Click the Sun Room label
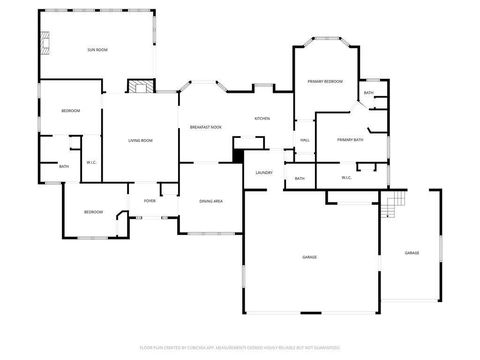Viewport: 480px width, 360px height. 96,49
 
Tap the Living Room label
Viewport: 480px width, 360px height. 140,141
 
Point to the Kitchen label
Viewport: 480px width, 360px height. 262,119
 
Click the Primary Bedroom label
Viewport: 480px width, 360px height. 325,81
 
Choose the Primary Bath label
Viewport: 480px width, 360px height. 350,140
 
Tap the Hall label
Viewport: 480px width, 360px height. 304,141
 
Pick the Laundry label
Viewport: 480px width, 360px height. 264,173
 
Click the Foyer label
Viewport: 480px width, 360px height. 149,201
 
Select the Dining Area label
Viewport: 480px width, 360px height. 210,201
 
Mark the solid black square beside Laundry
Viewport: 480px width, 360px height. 237,155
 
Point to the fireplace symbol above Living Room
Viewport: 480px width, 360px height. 141,87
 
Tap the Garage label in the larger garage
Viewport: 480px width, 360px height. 310,257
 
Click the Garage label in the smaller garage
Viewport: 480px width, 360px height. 412,253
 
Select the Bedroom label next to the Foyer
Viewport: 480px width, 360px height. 93,212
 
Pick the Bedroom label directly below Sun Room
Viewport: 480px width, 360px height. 70,110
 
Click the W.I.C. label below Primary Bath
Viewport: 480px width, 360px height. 346,178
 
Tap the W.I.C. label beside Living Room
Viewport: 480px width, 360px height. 91,162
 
